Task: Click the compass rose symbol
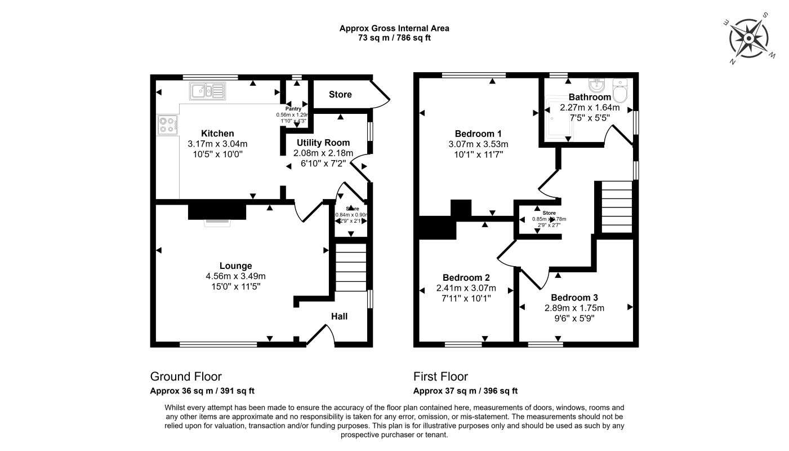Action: (750, 38)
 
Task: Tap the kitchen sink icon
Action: (207, 90)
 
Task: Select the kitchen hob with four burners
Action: (167, 124)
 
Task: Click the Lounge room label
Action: (235, 266)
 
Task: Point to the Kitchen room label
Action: (217, 134)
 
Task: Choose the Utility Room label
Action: (323, 143)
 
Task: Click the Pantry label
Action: (293, 109)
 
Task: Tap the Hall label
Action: (339, 316)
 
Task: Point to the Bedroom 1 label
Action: (478, 134)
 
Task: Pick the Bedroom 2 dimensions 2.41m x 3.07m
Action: (466, 288)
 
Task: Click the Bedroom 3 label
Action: (574, 298)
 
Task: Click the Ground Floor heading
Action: (186, 377)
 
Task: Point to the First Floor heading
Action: (440, 377)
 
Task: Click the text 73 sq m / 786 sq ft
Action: (394, 38)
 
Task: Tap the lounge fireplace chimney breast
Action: (217, 211)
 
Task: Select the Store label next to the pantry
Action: (340, 94)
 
